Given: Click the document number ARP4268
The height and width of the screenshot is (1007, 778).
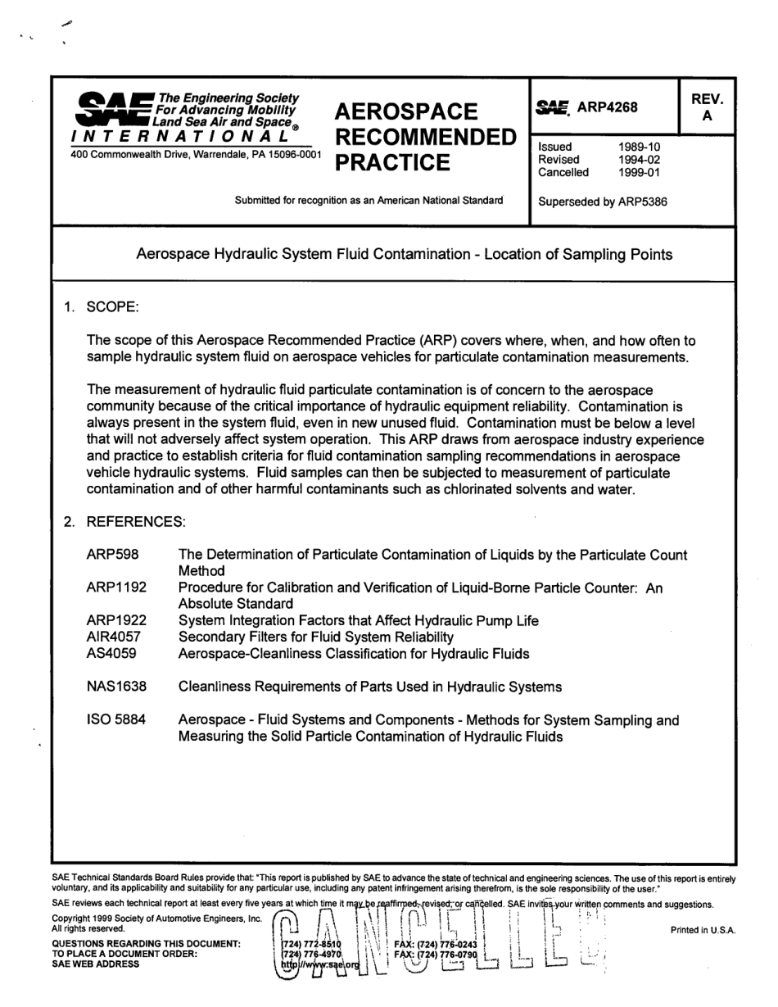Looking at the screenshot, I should click(x=607, y=107).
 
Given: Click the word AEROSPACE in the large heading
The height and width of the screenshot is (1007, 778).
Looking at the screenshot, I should click(x=406, y=111).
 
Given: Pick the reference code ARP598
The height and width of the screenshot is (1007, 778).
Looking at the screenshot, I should click(x=112, y=556).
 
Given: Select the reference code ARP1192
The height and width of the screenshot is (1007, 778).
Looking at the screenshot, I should click(x=116, y=588).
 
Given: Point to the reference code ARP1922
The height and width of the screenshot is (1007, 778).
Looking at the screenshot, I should click(x=116, y=621).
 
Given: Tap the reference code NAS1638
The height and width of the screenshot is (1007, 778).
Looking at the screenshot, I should click(x=117, y=687).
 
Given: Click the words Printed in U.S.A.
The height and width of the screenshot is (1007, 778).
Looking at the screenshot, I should click(x=703, y=930).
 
